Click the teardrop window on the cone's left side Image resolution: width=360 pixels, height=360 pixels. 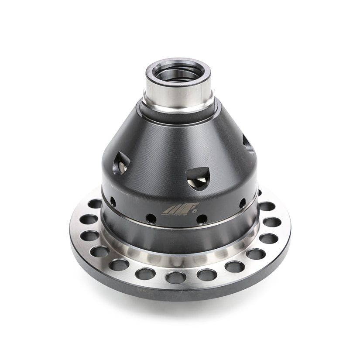click(121, 164)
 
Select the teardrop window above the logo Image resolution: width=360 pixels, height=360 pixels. click(197, 178)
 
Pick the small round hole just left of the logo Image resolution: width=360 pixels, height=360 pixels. click(151, 217)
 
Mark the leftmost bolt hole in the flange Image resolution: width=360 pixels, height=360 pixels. click(89, 219)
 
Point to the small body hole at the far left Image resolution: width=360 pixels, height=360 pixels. click(113, 202)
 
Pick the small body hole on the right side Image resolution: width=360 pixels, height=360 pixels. click(243, 203)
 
